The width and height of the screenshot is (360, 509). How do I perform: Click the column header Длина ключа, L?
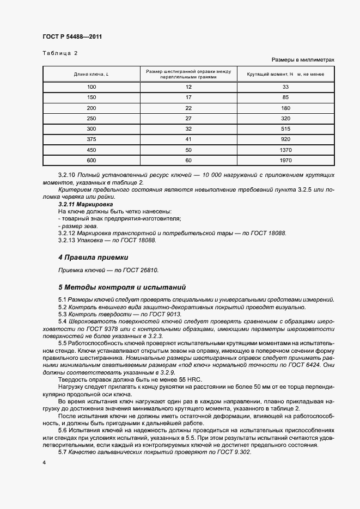pyautogui.click(x=91, y=74)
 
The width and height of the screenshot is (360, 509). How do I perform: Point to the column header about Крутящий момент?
pyautogui.click(x=285, y=74)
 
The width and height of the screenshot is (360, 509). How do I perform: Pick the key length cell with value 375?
pyautogui.click(x=91, y=139)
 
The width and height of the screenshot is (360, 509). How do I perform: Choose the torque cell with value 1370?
pyautogui.click(x=285, y=150)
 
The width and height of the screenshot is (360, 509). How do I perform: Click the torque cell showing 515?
pyautogui.click(x=285, y=129)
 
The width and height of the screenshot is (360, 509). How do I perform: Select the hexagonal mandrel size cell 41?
pyautogui.click(x=188, y=139)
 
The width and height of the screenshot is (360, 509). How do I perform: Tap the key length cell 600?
pyautogui.click(x=91, y=160)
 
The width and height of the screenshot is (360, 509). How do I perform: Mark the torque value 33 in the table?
pyautogui.click(x=285, y=87)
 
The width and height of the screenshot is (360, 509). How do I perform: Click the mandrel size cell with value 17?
pyautogui.click(x=188, y=97)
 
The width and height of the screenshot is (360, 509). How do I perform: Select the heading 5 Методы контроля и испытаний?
pyautogui.click(x=122, y=287)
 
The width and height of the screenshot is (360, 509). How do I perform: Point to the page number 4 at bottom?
pyautogui.click(x=44, y=462)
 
